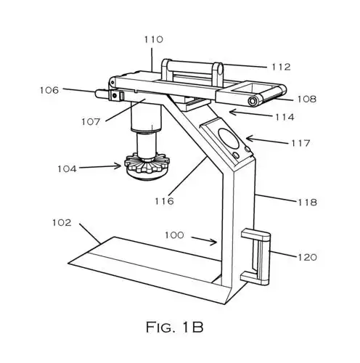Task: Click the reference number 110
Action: (x=153, y=40)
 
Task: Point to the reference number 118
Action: (x=306, y=202)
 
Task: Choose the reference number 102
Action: (x=62, y=223)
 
